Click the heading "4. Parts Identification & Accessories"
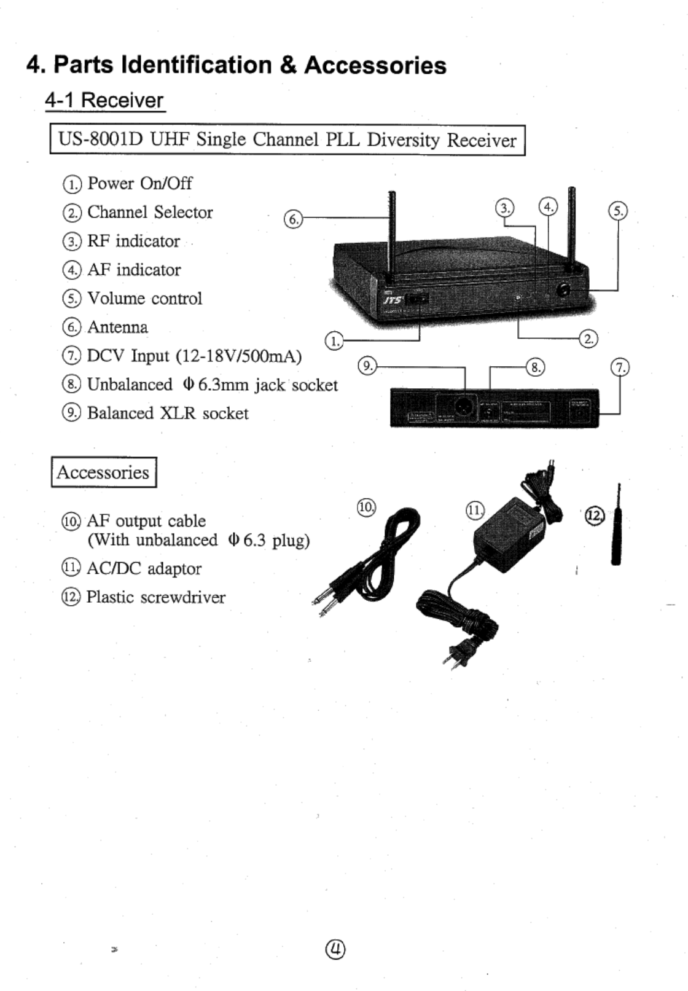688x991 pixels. [237, 65]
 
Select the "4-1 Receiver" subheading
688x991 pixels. [104, 100]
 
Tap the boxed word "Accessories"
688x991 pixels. [103, 472]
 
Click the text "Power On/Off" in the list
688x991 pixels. [140, 183]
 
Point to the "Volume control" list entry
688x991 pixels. [144, 299]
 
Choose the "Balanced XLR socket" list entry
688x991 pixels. [168, 413]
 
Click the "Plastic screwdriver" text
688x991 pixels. [156, 597]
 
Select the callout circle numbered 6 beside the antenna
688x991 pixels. [294, 219]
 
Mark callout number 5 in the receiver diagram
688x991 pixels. [617, 211]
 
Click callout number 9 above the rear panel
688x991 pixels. [367, 366]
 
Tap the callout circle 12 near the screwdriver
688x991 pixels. [595, 515]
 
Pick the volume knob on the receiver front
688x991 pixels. [563, 290]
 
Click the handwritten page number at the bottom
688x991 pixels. [336, 949]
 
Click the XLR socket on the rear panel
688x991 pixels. [462, 407]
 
